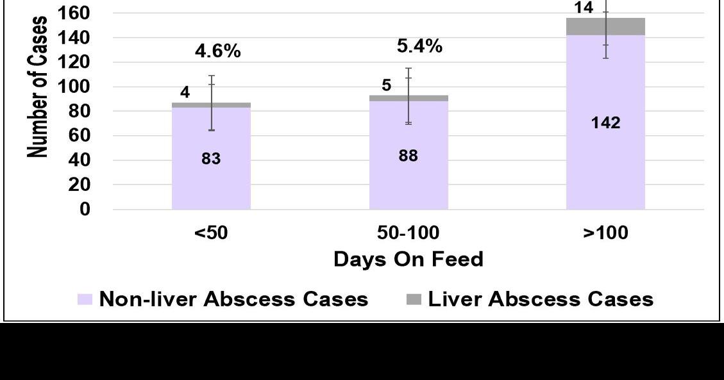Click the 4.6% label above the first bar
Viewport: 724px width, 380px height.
pyautogui.click(x=217, y=51)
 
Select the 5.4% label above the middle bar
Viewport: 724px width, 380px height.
pyautogui.click(x=419, y=46)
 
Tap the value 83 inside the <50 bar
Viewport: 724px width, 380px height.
pyautogui.click(x=211, y=159)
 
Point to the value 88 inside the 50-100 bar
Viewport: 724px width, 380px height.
pyautogui.click(x=408, y=156)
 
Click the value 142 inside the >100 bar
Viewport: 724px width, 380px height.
pyautogui.click(x=605, y=123)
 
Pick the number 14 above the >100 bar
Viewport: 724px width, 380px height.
pyautogui.click(x=584, y=8)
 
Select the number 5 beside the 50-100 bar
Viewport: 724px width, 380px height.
pyautogui.click(x=386, y=85)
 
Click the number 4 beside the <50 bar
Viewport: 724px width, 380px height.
pyautogui.click(x=185, y=92)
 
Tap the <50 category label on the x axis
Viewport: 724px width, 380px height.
pyautogui.click(x=211, y=233)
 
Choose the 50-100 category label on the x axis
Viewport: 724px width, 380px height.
pyautogui.click(x=408, y=233)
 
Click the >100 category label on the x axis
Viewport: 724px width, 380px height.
pyautogui.click(x=605, y=233)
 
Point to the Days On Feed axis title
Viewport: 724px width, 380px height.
pyautogui.click(x=408, y=260)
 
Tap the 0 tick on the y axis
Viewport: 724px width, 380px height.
pyautogui.click(x=85, y=210)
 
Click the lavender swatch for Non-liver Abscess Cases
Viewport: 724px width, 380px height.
pyautogui.click(x=85, y=299)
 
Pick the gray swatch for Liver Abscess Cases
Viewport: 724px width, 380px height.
pyautogui.click(x=414, y=299)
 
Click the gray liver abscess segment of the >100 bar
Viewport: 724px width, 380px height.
pyautogui.click(x=625, y=26)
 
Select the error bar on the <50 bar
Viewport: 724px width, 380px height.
pyautogui.click(x=212, y=103)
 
